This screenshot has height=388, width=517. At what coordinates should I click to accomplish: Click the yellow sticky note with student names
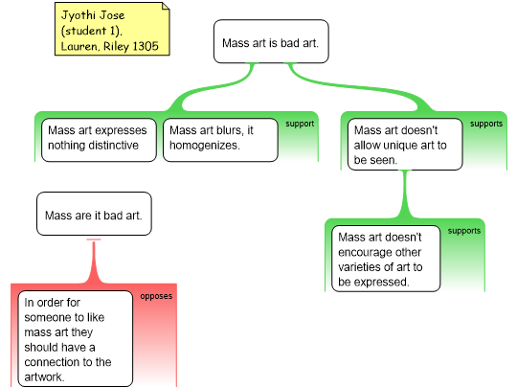[x=112, y=29]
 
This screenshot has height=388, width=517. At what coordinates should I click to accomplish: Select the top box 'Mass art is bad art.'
[x=271, y=41]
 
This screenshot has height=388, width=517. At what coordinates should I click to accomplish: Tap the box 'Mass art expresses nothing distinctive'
[x=99, y=140]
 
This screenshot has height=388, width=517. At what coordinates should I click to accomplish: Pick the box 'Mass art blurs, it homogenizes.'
[x=220, y=140]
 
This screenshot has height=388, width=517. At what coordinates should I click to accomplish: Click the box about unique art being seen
[x=405, y=145]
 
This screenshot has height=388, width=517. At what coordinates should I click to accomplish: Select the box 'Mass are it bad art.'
[x=94, y=214]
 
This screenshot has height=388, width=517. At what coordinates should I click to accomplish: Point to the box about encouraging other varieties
[x=386, y=259]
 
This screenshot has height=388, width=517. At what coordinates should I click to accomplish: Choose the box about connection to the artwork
[x=76, y=339]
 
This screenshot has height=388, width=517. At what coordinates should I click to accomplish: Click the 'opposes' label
[x=156, y=296]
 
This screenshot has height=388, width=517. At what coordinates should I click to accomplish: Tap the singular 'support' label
[x=300, y=124]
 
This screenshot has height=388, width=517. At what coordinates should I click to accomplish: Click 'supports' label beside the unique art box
[x=486, y=124]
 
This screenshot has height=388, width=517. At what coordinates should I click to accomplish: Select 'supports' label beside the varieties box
[x=464, y=231]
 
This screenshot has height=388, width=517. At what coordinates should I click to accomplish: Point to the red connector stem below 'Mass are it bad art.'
[x=94, y=261]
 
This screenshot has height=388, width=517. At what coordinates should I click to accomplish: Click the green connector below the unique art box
[x=405, y=194]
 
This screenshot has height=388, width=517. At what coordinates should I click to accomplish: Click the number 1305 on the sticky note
[x=146, y=46]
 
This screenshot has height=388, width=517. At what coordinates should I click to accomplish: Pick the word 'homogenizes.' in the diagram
[x=205, y=146]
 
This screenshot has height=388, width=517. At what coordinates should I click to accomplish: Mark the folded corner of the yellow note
[x=166, y=6]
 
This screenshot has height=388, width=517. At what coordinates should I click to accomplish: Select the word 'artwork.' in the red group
[x=44, y=377]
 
